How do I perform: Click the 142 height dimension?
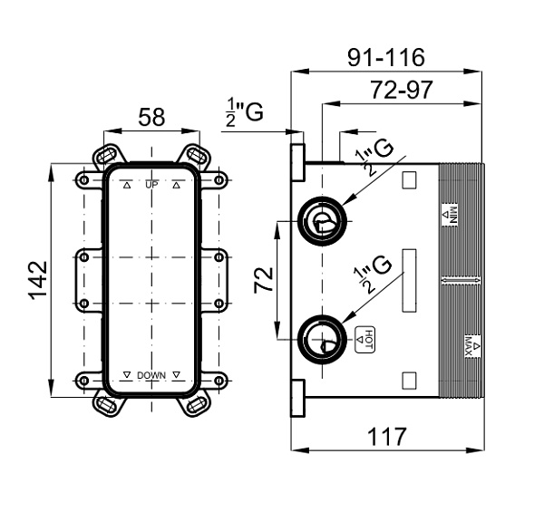[x=37, y=280]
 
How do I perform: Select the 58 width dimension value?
[x=151, y=117]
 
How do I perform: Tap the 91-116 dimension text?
[x=386, y=57]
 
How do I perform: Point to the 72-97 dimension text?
[x=402, y=90]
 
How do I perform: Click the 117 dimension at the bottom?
[x=386, y=437]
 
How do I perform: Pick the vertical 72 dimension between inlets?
[x=264, y=280]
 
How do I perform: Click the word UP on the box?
[x=151, y=185]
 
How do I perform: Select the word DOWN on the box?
[x=151, y=375]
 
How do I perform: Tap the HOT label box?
[x=365, y=340]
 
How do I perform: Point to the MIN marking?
[x=450, y=214]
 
